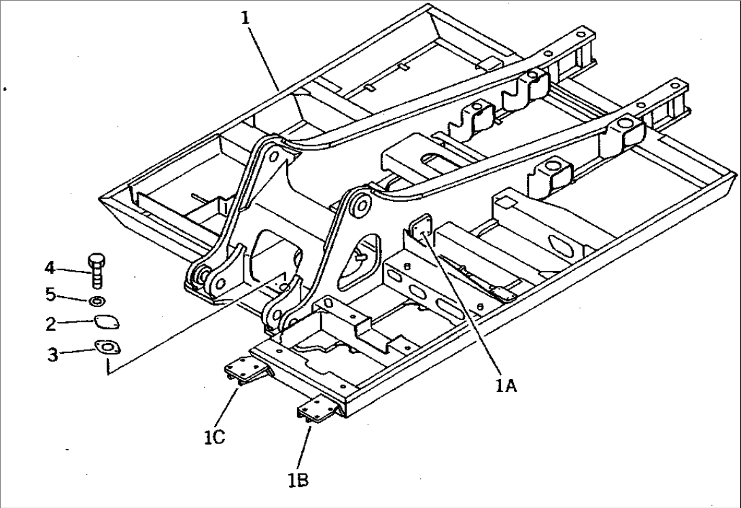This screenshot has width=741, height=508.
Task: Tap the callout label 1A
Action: [506, 387]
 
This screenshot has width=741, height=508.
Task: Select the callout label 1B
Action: [298, 480]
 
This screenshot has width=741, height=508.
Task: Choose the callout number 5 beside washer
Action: [50, 296]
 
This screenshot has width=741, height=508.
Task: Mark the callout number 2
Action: [51, 324]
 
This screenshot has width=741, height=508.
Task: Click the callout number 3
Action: [52, 353]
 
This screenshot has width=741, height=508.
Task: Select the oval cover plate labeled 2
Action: [105, 323]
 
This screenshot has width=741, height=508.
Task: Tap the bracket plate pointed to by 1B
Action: [316, 410]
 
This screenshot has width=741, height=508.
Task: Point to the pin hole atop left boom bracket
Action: [273, 157]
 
